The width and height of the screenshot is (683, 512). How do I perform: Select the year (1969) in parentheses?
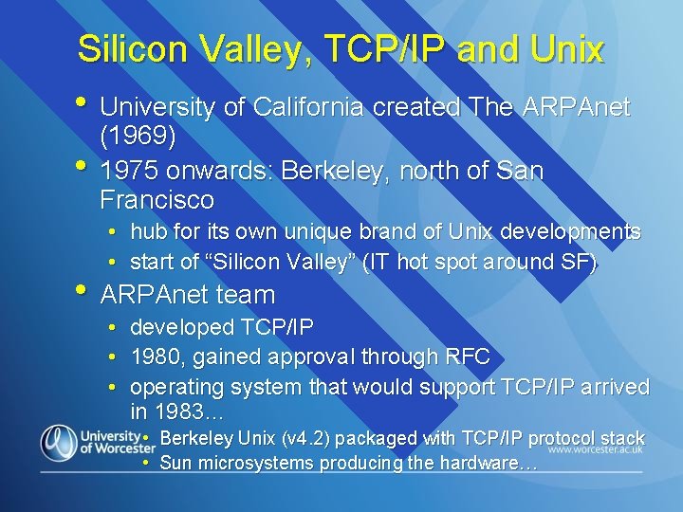(x=138, y=137)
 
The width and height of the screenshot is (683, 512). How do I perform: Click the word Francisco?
(x=157, y=200)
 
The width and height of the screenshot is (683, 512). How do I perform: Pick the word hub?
(x=146, y=232)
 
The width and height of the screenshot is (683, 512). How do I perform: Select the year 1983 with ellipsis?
(x=188, y=412)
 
